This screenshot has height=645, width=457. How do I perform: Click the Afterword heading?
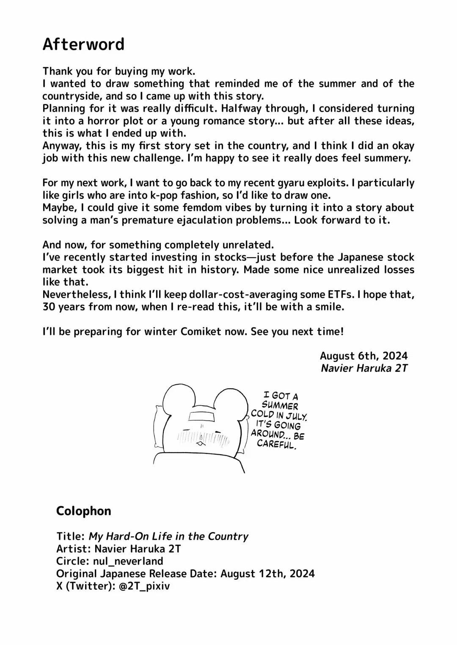83,44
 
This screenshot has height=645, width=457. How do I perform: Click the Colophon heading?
83,511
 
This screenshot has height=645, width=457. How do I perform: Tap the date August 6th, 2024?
363,356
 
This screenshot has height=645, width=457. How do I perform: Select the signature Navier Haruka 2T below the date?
364,368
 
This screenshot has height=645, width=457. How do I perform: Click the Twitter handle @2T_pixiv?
143,586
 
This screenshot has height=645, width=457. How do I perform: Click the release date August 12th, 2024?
267,574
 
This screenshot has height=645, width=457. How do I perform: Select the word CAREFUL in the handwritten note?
275,444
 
